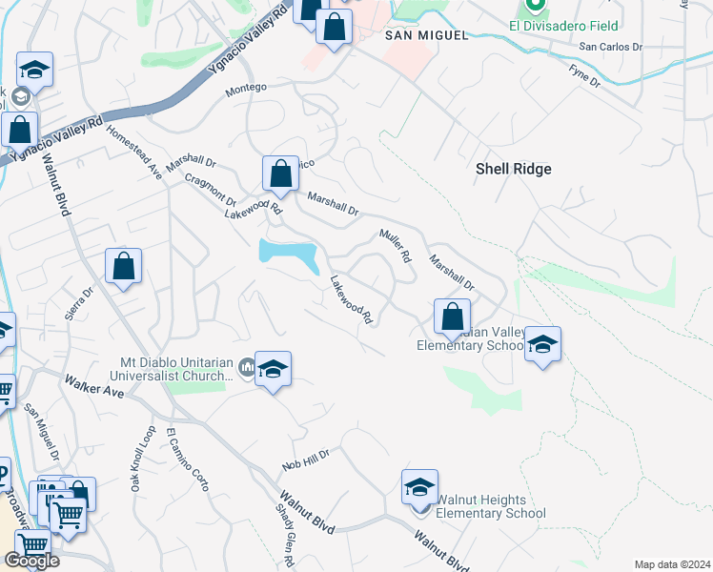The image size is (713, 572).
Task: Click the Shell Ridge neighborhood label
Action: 513,169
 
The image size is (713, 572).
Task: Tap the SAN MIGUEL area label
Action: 426,35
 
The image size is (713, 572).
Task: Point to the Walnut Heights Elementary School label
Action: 490,506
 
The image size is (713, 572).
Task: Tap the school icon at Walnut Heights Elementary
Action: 419,487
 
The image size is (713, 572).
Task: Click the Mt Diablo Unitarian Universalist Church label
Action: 176,369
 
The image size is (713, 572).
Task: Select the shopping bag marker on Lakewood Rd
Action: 280,174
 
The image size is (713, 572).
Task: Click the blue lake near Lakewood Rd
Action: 288,254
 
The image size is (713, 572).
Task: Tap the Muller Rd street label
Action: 395,246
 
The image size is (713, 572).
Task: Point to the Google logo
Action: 31,561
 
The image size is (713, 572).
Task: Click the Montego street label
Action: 246,88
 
